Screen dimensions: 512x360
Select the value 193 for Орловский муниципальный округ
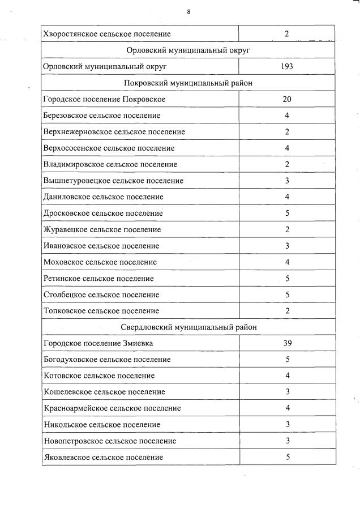click(287, 67)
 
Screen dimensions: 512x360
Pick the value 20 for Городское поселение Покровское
click(287, 100)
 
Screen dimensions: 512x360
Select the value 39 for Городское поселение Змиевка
click(287, 344)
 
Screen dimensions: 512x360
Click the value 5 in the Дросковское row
click(287, 214)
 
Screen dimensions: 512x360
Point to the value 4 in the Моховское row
click(287, 262)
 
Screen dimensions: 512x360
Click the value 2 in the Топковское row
click(287, 311)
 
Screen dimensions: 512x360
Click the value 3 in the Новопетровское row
click(287, 441)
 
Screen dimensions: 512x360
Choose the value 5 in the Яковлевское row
click(287, 457)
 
